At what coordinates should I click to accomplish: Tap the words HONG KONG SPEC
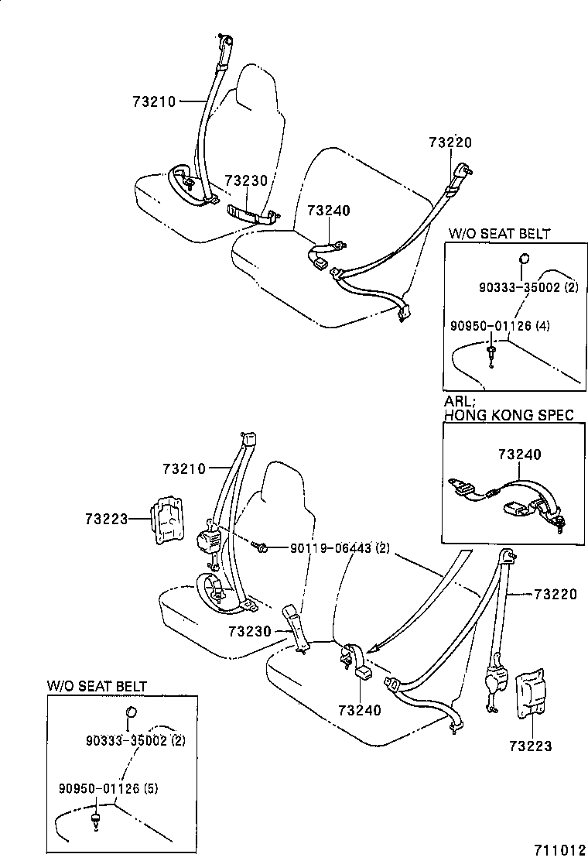point(509,415)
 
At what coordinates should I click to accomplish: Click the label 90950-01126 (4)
point(500,326)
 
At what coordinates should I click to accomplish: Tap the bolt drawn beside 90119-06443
point(261,549)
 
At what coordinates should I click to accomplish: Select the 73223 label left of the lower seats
point(106,518)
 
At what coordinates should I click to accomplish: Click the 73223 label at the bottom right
point(530,746)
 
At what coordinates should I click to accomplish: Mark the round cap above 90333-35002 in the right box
point(524,260)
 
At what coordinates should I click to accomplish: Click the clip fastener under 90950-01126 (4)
point(492,355)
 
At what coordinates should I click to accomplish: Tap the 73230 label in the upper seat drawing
point(245,180)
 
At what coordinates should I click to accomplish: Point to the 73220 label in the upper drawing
point(450,142)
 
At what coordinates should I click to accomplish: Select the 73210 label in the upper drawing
point(154,101)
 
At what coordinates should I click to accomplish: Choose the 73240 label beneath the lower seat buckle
point(359,708)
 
